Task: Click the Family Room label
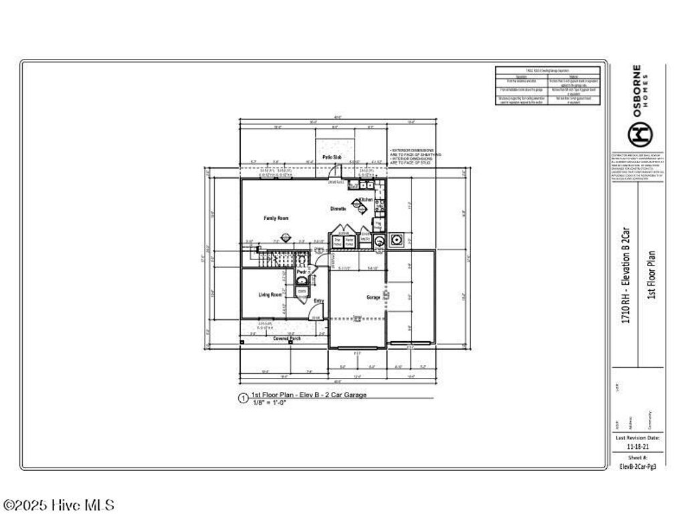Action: coord(276,218)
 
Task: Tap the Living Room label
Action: coord(270,295)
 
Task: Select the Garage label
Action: coord(373,297)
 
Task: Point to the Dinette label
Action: coord(338,209)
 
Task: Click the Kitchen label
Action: coord(366,200)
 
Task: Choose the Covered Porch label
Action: coord(287,338)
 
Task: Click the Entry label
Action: coord(319,301)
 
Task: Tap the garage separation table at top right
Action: coord(548,86)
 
